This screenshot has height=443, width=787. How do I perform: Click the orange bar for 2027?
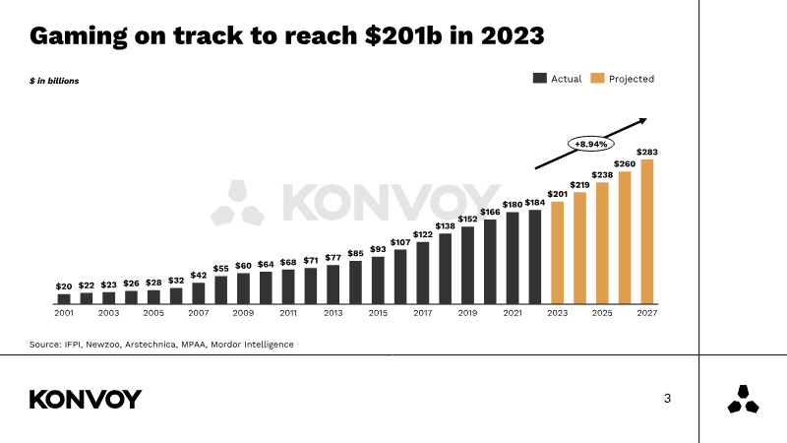coord(647,231)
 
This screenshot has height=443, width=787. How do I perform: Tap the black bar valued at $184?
coord(535,256)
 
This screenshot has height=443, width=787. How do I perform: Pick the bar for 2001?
coord(64,297)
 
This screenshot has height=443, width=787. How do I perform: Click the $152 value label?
coord(468,220)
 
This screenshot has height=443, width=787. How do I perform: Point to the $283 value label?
coord(647,152)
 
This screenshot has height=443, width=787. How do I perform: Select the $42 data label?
coord(199,275)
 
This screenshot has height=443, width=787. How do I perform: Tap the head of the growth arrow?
coord(642,120)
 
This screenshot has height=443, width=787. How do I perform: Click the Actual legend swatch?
coord(540,79)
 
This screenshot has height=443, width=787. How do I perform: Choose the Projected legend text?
coord(631,79)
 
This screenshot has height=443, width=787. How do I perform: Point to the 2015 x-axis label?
coord(378,313)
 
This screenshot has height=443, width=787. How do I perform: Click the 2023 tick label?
coord(558,313)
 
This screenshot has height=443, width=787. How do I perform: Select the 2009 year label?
coord(243,313)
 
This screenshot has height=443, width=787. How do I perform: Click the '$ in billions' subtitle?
coord(54,81)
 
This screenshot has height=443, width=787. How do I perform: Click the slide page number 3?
coord(668,399)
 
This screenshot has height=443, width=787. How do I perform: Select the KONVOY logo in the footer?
coord(86,399)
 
